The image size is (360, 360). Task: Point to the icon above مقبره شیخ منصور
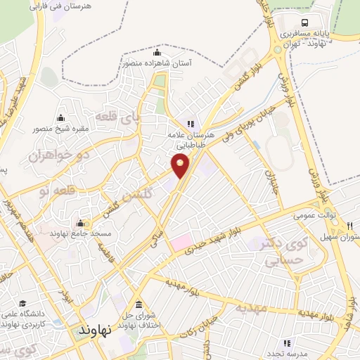[x=60, y=117]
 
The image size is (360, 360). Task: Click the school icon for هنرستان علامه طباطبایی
[x=189, y=123]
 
